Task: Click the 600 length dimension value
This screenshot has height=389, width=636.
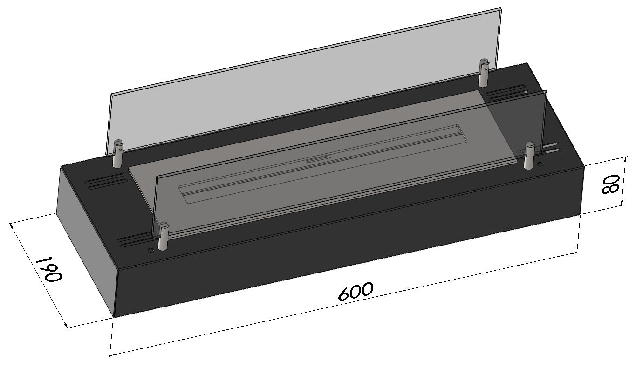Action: pos(355,292)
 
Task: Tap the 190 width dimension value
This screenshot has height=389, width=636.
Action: pos(48,269)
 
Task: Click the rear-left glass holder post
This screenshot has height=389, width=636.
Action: pos(118,154)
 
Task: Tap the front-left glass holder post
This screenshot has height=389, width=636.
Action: pos(163,237)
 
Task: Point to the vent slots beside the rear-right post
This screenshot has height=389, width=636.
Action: pos(506,92)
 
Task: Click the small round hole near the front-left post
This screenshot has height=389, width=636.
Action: pos(150,250)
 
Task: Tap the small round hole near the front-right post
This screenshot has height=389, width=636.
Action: pos(540,164)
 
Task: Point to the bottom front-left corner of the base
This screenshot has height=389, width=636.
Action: pos(115,317)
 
